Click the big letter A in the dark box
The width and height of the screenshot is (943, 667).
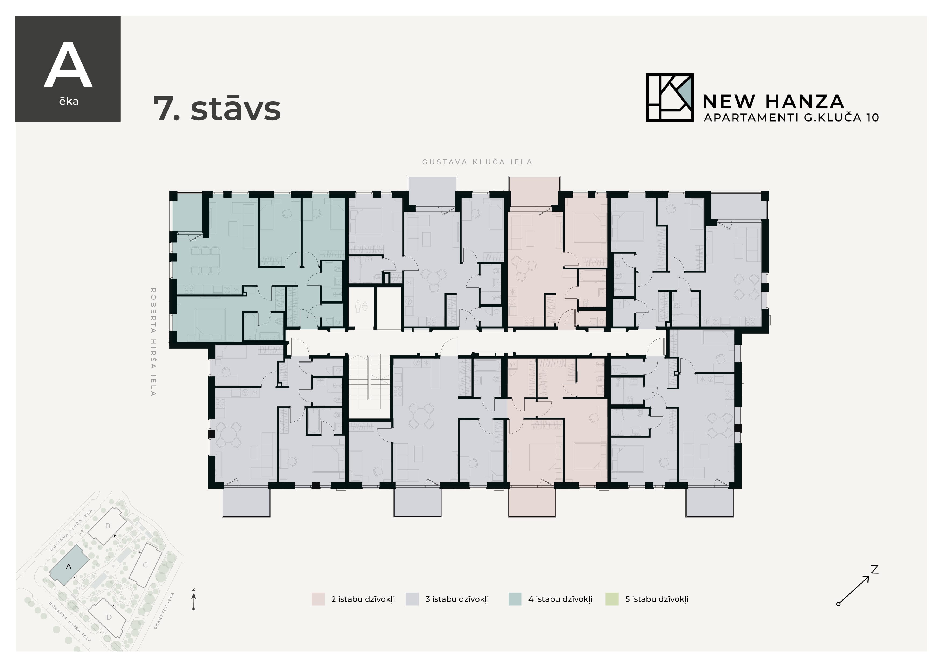coord(68,66)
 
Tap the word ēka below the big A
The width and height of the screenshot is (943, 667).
coord(69,101)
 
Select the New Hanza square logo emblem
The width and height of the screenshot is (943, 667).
coord(669,97)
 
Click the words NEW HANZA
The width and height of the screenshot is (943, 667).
coord(773,101)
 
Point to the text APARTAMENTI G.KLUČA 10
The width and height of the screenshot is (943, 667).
coord(791,118)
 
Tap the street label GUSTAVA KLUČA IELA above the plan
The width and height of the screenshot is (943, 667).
coord(477,162)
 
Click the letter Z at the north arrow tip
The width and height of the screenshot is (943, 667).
coord(874,570)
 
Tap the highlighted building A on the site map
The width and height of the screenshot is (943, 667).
coord(69,566)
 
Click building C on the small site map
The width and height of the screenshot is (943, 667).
coord(145,565)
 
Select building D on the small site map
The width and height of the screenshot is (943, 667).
coord(109,617)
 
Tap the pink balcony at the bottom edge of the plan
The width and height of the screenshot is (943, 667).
coord(532,502)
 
